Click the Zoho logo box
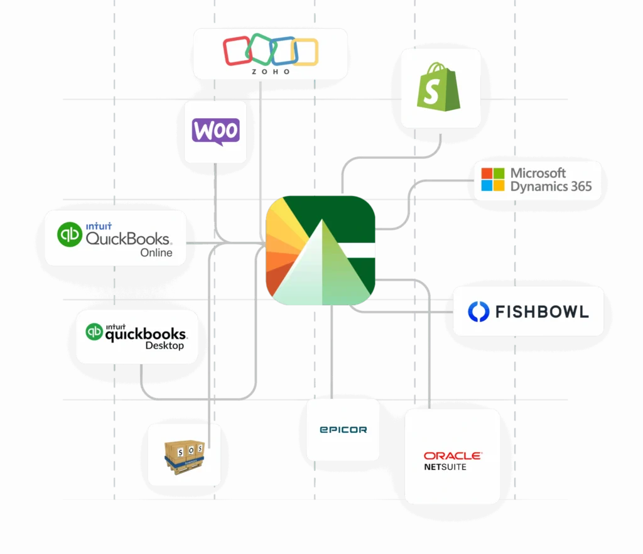coord(270,53)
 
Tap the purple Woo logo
coord(215,132)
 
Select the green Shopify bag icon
coord(439,89)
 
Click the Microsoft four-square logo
coord(493,179)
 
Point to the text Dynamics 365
coord(551,187)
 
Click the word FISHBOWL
coord(542,312)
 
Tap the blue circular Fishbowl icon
coord(478,312)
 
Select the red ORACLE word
coord(452,455)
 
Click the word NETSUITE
coord(445,467)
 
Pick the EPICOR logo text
coord(343,430)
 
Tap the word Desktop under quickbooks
coord(165,345)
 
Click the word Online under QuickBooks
coord(156,253)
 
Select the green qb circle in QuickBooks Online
coord(70,234)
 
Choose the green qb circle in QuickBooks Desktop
coord(95,331)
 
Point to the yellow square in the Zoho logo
coord(305,52)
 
